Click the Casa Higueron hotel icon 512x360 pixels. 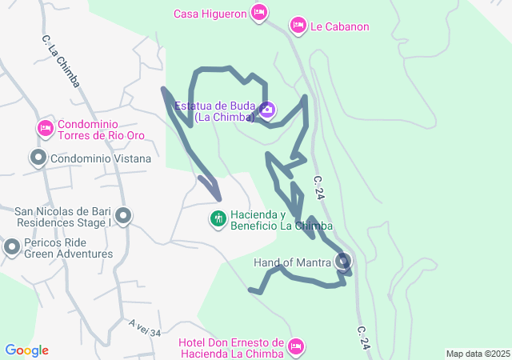point(258,12)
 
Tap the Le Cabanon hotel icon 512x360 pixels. point(298,26)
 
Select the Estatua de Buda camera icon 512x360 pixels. point(267,109)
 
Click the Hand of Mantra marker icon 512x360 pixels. point(344,261)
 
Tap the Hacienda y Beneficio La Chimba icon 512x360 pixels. point(218,218)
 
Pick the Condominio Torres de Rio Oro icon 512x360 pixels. point(45,128)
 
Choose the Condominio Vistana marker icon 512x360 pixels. point(38,158)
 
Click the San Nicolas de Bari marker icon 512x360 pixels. point(123,216)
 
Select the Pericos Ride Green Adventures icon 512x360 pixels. point(12,247)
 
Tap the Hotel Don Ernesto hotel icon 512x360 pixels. point(295,346)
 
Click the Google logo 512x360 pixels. point(26,350)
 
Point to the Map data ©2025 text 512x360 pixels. point(477,354)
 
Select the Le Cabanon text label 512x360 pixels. point(340,26)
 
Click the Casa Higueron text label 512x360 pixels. point(210,13)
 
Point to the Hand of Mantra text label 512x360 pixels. point(292,262)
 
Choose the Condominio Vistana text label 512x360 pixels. point(100,158)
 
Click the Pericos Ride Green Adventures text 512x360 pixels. point(68,248)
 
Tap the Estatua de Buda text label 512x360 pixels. point(214,111)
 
